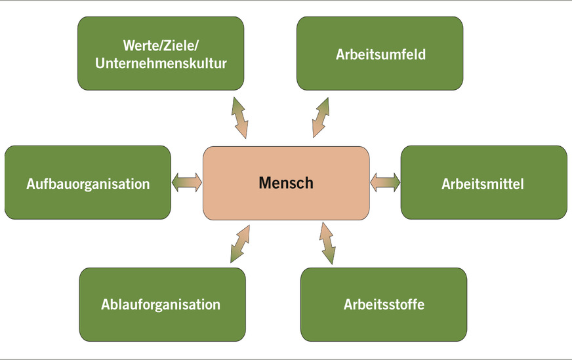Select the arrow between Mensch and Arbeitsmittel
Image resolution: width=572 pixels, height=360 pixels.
pos(385,182)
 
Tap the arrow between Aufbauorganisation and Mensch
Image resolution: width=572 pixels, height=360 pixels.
pos(187,182)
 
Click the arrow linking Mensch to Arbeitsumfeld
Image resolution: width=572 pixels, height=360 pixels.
pos(320,117)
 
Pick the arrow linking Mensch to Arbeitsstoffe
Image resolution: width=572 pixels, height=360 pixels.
pos(327,243)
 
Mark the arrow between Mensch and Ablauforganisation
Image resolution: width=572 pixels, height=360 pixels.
pos(240,243)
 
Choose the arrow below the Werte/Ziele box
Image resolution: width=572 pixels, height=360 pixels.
pos(239,117)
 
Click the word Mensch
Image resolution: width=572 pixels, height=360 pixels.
pos(285,183)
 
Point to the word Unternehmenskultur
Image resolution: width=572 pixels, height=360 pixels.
pos(161,64)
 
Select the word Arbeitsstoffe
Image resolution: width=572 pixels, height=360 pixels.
pos(384,305)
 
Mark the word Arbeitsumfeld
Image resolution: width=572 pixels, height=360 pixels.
pos(380,54)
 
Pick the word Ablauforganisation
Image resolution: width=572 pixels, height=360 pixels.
pos(161,305)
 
